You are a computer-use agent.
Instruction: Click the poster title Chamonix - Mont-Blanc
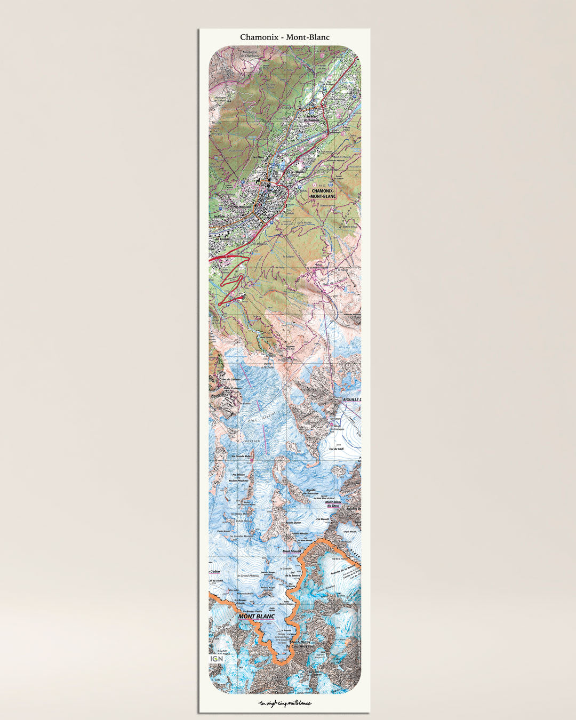[284, 37]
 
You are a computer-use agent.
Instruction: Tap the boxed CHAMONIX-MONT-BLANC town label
[323, 193]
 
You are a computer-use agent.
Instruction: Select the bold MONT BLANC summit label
[257, 617]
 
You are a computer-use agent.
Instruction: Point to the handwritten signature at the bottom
[285, 703]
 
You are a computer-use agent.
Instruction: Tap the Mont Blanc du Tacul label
[333, 503]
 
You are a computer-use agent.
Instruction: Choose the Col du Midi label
[337, 449]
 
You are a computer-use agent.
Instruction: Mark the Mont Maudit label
[292, 551]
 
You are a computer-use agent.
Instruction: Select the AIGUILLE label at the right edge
[352, 399]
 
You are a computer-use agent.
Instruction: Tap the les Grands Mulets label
[241, 457]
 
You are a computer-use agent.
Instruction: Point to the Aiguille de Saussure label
[312, 491]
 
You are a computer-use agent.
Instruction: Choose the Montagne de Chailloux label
[249, 54]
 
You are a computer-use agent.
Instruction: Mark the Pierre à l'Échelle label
[267, 365]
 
